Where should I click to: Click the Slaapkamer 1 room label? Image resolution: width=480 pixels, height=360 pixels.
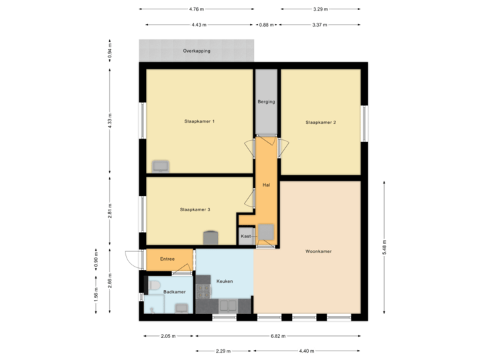tap(199, 122)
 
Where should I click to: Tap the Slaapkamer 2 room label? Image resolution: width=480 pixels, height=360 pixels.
tap(321, 122)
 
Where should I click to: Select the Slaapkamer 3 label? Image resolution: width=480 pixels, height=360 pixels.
tap(195, 209)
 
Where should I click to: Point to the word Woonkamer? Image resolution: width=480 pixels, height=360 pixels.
tap(319, 251)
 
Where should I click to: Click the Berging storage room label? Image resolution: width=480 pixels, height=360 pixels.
tap(266, 102)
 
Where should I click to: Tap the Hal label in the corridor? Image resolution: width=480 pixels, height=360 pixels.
tap(266, 185)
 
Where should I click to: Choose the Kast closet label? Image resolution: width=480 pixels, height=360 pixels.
tap(246, 237)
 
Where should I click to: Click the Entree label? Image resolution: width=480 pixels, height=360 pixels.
tap(167, 259)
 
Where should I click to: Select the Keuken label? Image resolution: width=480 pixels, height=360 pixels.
tap(225, 281)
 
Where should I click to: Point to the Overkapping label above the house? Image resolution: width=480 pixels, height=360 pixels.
tap(197, 51)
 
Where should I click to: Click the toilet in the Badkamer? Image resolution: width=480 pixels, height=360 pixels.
tap(154, 286)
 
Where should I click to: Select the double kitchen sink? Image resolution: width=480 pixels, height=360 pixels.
tap(229, 306)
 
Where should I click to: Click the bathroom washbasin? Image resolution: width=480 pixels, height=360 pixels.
tap(181, 307)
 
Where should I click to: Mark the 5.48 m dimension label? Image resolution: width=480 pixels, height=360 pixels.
tap(384, 249)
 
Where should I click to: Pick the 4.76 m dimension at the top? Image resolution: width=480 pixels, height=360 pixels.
tap(197, 9)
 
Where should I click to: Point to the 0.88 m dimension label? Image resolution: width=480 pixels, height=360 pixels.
tap(267, 24)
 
